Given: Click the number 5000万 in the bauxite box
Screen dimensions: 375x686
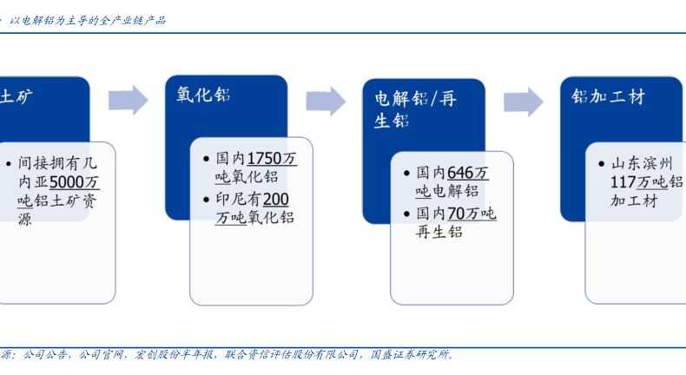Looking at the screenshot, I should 75,182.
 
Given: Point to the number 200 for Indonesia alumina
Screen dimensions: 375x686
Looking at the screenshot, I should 276,199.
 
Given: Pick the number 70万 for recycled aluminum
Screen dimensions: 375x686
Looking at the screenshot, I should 463,213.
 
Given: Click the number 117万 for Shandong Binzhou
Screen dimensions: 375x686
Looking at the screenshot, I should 630,182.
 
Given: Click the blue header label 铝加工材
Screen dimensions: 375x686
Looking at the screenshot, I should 608,96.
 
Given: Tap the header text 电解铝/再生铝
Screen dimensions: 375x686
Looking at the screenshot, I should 414,109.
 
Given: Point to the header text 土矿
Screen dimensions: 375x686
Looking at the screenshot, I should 16,96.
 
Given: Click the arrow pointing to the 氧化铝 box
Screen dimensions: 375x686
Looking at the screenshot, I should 128,100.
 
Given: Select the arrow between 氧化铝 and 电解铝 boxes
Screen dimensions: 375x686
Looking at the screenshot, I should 326,101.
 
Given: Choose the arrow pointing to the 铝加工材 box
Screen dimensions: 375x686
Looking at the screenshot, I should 523,102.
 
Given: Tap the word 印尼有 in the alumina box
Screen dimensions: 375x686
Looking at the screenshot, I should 238,199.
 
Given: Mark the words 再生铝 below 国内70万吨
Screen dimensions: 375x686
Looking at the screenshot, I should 439,232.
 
